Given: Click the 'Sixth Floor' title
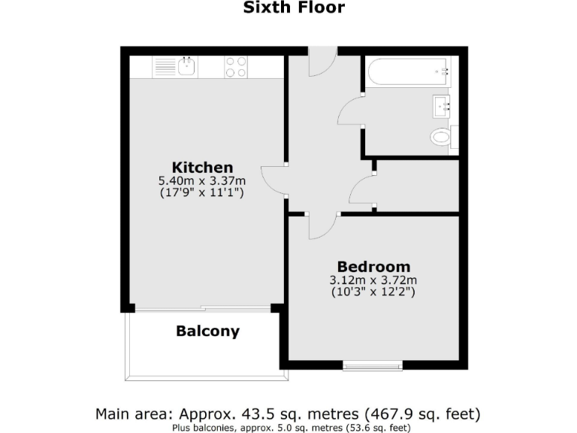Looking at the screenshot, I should [294, 9].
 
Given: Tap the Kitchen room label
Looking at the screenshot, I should [202, 167].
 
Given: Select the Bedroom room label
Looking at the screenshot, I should [373, 266].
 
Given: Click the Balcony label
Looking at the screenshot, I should [207, 331].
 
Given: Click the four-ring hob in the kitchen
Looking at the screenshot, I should [236, 68].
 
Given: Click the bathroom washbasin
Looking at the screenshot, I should [441, 106].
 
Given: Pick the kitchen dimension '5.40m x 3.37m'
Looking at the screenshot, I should [202, 180].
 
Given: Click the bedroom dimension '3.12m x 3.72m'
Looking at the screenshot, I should [373, 280].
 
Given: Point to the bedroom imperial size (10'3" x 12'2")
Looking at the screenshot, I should [373, 292].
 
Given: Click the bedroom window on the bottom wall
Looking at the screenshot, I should [373, 367].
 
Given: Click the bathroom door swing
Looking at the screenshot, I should [351, 113].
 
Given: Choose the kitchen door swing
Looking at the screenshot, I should [274, 180].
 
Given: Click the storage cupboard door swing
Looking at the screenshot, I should [364, 188].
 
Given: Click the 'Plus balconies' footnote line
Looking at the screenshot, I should [288, 428].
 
